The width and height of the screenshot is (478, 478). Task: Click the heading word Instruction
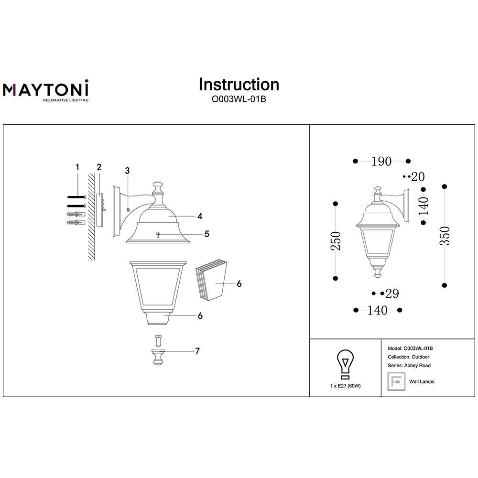[x=239, y=85]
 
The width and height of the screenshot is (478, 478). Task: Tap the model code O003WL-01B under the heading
[x=239, y=99]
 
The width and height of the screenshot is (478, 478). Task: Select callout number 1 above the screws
[x=77, y=167]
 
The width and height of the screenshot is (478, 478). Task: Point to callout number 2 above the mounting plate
[x=99, y=167]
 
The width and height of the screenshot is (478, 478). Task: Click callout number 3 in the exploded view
[x=128, y=171]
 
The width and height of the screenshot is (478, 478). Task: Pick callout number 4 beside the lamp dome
[x=200, y=216]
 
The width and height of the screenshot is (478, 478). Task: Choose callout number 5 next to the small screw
[x=206, y=234]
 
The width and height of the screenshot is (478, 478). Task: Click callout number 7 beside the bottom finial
[x=197, y=351]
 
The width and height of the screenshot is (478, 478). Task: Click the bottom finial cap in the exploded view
[x=158, y=357]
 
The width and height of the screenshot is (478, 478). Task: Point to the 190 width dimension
[x=381, y=161]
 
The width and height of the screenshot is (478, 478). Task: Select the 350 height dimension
[x=445, y=236]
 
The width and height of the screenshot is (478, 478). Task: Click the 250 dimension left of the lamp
[x=336, y=241]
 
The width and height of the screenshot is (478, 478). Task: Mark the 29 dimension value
[x=392, y=293]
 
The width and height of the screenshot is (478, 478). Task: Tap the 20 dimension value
[x=418, y=176]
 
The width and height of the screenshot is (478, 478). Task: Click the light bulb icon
[x=345, y=365]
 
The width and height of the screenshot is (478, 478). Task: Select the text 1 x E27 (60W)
[x=346, y=386]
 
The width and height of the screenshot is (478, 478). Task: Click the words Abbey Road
[x=417, y=366]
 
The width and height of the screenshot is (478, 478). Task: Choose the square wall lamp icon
[x=396, y=381]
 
